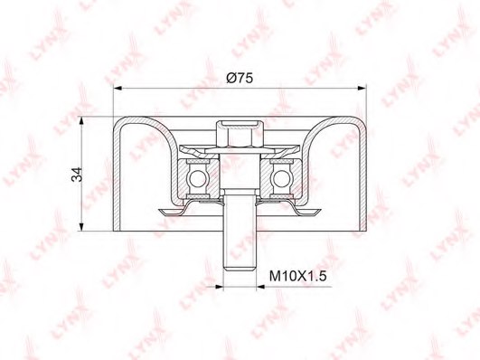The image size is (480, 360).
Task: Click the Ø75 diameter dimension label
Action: tap(240, 78)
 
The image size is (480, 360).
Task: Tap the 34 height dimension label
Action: tap(77, 175)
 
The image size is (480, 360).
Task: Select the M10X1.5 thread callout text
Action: tap(298, 277)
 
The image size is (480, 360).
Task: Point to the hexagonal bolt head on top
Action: tap(240, 134)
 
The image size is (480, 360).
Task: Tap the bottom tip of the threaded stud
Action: tap(240, 270)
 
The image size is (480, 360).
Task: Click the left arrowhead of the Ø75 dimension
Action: tap(118, 89)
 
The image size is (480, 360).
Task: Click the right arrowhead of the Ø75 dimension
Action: tap(362, 89)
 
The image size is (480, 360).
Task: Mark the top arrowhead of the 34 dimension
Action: tap(81, 120)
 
